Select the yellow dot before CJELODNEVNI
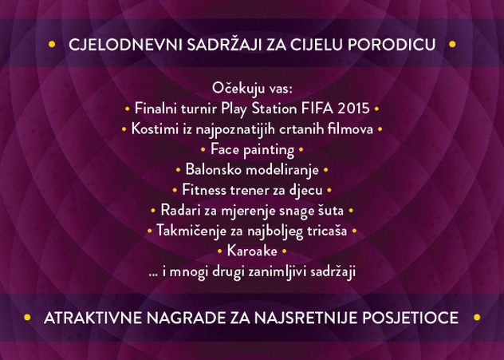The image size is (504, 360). pos(52,45)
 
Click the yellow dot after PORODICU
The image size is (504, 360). pos(452,44)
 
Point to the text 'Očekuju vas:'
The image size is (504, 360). pos(252,89)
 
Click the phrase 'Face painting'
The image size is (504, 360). pos(252,150)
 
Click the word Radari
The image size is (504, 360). pos(179,211)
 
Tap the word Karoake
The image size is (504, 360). pos(252,251)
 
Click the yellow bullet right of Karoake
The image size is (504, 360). pos(284,251)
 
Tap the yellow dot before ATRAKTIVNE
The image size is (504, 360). pos(27,318)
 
